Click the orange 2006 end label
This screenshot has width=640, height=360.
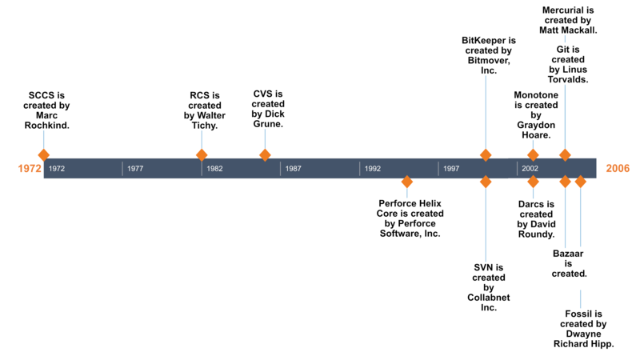coord(618,168)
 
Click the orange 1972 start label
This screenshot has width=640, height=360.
coord(30,168)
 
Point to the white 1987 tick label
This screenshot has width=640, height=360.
coord(293,169)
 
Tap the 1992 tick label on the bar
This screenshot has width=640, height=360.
coord(373,169)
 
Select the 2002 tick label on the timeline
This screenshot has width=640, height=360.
coord(530,169)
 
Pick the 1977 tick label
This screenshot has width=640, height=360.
coord(135,169)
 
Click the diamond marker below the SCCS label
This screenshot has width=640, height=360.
coord(44,155)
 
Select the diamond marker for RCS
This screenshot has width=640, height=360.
coord(202,155)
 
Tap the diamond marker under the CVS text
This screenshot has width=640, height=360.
coord(265,155)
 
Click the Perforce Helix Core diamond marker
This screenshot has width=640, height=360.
coord(407,182)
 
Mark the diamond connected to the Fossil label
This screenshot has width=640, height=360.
coord(581,182)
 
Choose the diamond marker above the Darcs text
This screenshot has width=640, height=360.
coord(533,182)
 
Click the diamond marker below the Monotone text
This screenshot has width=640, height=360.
coord(533,155)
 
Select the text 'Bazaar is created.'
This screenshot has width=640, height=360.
coord(569,263)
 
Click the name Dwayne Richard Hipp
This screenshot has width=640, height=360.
coord(584,338)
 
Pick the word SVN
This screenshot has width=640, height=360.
coord(483,267)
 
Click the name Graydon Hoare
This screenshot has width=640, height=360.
coord(536,130)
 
